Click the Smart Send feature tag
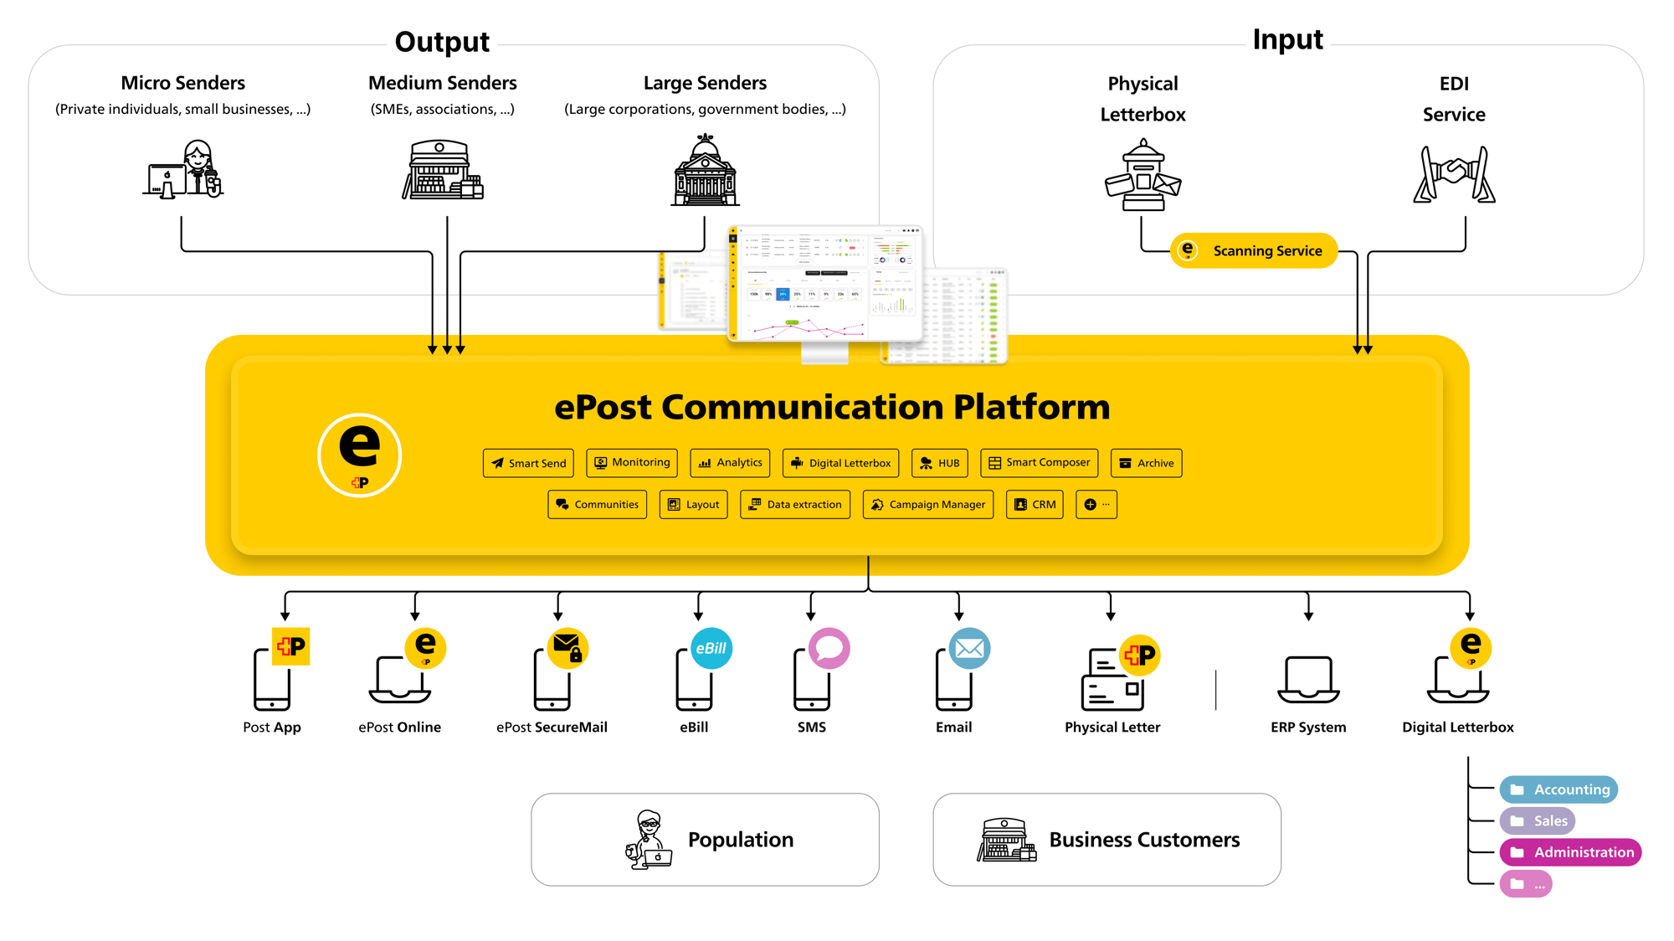click(528, 463)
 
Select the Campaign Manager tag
click(927, 505)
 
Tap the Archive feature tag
click(1146, 463)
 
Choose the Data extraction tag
click(795, 505)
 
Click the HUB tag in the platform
click(939, 463)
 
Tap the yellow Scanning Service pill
click(1253, 250)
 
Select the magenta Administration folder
click(1570, 852)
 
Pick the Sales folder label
click(1538, 821)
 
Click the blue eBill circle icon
click(711, 649)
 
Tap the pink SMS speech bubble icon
click(829, 648)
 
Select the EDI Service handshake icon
click(1454, 174)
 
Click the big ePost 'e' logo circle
click(360, 455)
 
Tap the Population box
click(705, 840)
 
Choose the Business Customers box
click(1107, 840)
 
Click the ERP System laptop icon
click(1308, 680)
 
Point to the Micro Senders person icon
click(184, 170)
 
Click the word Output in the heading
click(442, 42)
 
